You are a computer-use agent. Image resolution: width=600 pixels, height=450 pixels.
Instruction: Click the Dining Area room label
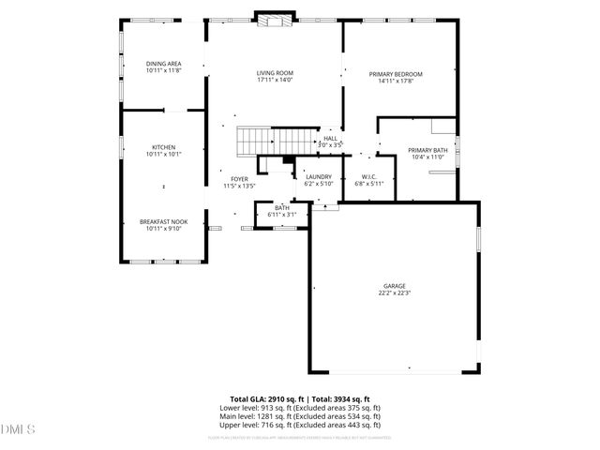tap(163, 64)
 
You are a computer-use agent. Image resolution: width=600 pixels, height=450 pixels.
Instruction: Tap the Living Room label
tap(276, 73)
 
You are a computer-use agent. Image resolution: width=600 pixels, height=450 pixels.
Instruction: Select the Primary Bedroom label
tap(396, 74)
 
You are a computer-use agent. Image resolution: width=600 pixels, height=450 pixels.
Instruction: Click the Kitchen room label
tap(164, 147)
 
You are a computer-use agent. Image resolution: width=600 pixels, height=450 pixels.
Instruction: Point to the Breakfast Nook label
tap(164, 221)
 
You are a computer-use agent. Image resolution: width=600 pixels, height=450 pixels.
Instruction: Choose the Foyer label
tap(239, 179)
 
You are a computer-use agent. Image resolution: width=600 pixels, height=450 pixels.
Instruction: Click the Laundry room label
tap(320, 175)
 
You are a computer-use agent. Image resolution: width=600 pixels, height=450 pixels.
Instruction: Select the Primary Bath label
tap(427, 150)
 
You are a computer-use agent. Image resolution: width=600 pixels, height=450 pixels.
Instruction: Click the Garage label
tap(394, 286)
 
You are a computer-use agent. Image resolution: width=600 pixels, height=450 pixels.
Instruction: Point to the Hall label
tap(330, 139)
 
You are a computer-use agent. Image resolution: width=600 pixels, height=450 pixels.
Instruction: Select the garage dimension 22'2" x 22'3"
tap(394, 293)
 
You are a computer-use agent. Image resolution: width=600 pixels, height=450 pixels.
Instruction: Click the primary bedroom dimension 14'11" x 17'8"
tap(396, 82)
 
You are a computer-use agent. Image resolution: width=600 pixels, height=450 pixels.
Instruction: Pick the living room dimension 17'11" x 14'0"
tap(276, 81)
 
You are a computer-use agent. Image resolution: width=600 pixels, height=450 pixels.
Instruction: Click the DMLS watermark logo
tap(16, 429)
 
